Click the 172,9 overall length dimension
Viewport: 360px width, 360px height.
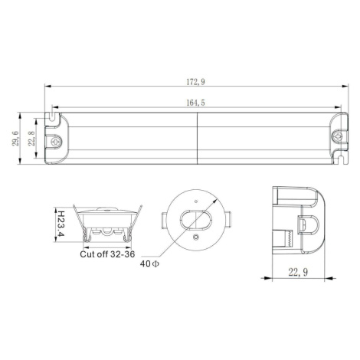coord(195,82)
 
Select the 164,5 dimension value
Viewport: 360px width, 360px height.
coord(195,103)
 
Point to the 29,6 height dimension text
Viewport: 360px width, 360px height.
coord(15,138)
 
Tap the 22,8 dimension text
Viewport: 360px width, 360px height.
coord(32,138)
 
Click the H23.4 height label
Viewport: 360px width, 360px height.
coord(61,224)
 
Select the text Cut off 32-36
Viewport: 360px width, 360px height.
coord(107,254)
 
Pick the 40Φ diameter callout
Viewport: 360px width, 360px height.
coord(149,263)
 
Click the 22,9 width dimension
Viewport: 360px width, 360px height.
coord(298,273)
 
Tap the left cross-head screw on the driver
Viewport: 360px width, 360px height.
coord(55,142)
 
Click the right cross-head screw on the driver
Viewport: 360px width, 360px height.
coord(338,137)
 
